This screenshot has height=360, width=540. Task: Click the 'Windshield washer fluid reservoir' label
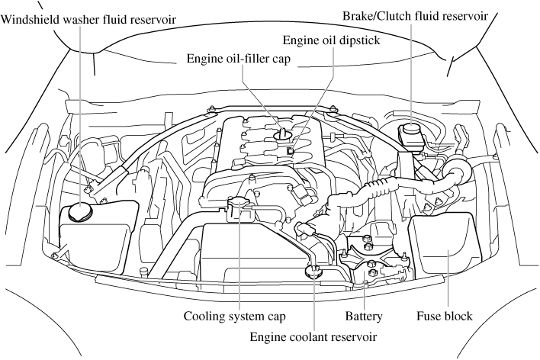click(x=89, y=18)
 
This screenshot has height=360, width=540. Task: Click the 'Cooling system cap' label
click(x=229, y=314)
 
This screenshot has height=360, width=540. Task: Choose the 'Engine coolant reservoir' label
click(x=314, y=334)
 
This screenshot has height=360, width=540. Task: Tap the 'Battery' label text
click(x=363, y=314)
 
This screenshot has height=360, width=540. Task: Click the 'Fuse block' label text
click(x=445, y=314)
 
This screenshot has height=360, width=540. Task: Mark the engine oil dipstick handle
click(x=291, y=151)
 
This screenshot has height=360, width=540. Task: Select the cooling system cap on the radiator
click(x=241, y=203)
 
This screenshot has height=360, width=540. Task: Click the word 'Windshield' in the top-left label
click(x=30, y=18)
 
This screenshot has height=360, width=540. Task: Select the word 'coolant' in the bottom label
click(x=314, y=334)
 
